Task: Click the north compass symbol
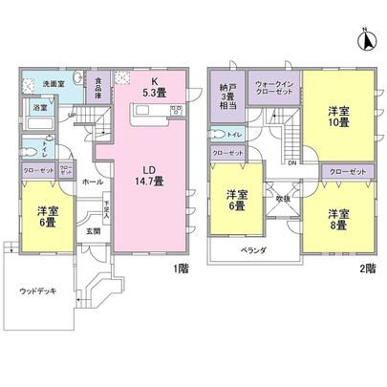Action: click(x=364, y=40)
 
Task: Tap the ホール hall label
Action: click(x=93, y=181)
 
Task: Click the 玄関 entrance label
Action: click(x=94, y=230)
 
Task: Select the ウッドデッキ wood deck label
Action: click(x=37, y=291)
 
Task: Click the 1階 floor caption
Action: click(x=182, y=269)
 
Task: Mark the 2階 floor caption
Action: click(x=366, y=269)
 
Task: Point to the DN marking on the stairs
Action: click(x=292, y=162)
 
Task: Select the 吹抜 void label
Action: click(x=282, y=198)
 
